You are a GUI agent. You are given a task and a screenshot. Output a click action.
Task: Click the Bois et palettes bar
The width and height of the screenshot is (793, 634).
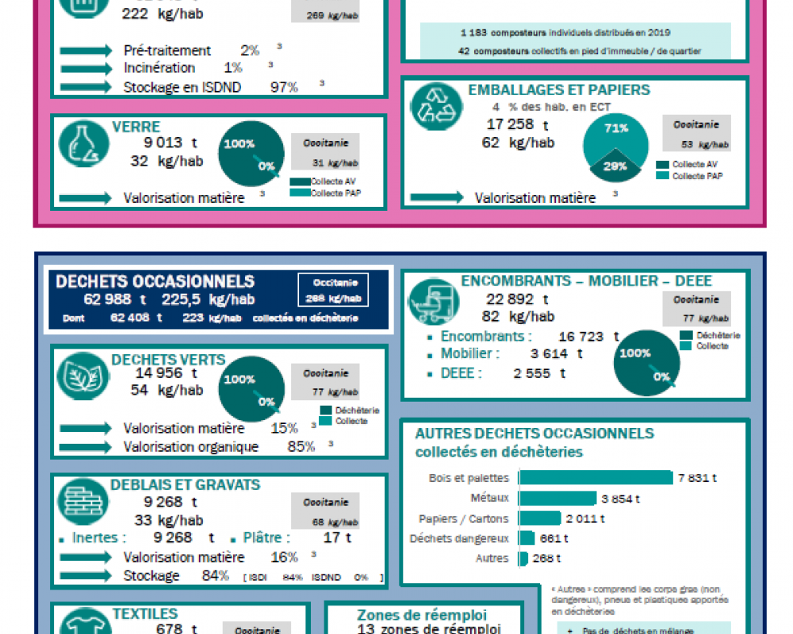click(x=596, y=477)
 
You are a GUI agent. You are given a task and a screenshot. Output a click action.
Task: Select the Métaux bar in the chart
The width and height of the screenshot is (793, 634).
click(x=557, y=498)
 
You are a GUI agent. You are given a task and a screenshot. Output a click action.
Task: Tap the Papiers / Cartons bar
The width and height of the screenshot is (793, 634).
click(x=539, y=518)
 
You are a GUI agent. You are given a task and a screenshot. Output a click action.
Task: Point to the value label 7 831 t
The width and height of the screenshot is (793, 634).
click(x=698, y=478)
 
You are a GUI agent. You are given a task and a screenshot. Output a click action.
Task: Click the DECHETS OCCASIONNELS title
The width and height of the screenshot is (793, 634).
click(x=155, y=281)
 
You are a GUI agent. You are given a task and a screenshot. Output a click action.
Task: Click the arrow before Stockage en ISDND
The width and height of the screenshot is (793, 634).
click(x=86, y=87)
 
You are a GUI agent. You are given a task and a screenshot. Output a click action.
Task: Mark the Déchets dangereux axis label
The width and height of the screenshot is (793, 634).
click(x=459, y=539)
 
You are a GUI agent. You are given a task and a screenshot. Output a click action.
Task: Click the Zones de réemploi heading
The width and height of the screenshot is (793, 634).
click(x=422, y=615)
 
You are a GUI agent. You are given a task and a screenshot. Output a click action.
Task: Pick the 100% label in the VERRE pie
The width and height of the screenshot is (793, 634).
click(x=239, y=144)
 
